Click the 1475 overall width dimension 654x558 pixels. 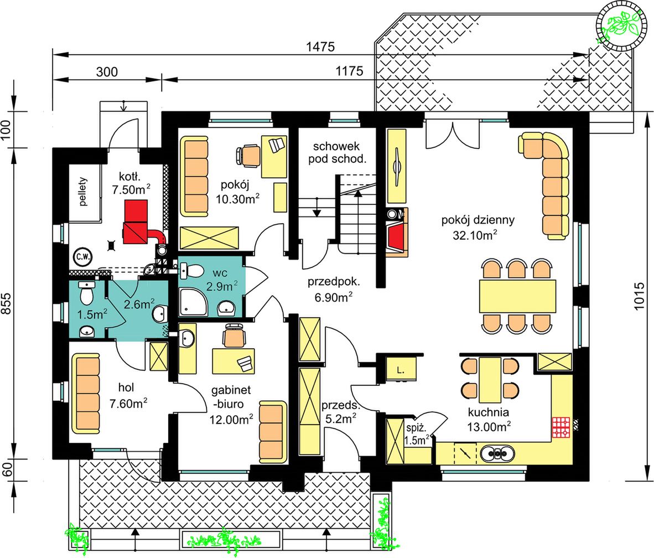click(320, 46)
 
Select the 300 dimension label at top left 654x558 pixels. click(107, 72)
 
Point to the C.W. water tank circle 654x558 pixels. click(83, 257)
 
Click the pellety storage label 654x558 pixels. click(84, 192)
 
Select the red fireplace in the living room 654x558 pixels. click(396, 236)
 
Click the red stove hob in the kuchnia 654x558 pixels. click(561, 427)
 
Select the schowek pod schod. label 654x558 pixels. click(337, 153)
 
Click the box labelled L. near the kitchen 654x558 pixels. click(401, 369)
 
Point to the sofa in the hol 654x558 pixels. click(86, 394)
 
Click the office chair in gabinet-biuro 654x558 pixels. click(235, 334)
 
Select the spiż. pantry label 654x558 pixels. click(416, 428)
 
